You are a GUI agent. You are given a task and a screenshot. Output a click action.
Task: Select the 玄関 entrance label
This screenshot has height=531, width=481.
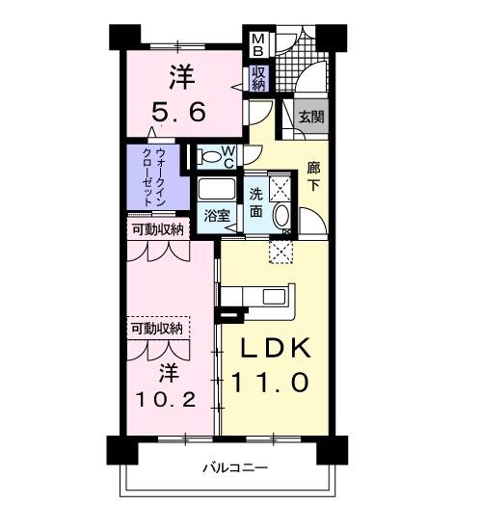310,118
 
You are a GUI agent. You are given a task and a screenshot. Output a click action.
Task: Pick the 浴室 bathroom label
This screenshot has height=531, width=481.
217,216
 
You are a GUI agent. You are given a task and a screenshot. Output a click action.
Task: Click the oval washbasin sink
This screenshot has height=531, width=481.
282,216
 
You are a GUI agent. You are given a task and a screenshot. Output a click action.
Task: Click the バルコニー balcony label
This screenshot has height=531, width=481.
234,468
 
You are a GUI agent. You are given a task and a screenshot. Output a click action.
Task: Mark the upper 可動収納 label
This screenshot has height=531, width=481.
156,229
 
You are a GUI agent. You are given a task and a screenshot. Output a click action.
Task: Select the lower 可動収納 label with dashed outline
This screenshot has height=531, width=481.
156,330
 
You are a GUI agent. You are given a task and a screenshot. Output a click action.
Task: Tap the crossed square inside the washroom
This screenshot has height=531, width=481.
281,186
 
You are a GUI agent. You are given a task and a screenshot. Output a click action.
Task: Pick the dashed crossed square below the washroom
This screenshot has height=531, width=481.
281,251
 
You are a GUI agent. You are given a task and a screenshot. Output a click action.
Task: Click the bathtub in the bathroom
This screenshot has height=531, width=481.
218,188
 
